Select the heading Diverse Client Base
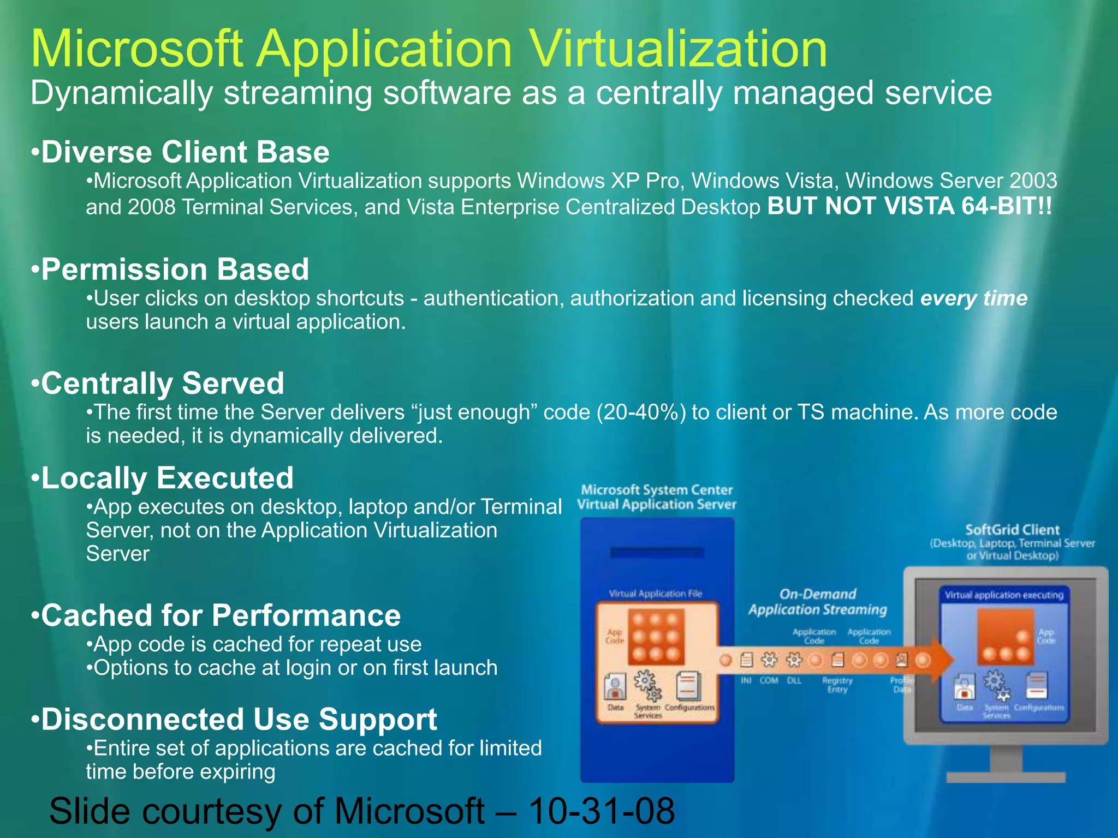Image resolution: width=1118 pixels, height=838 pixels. point(185,152)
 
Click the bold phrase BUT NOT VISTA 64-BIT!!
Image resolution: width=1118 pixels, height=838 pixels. point(909,206)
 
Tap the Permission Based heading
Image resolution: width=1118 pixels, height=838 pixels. point(175,269)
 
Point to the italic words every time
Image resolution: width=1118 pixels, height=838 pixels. point(974,298)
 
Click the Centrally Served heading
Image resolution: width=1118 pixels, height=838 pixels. point(163,383)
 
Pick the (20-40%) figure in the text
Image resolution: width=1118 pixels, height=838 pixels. point(641,412)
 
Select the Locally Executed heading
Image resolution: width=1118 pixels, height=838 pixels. point(167,478)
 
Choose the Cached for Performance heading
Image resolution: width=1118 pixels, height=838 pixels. point(221,615)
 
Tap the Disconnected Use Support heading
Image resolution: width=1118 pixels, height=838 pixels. point(239,719)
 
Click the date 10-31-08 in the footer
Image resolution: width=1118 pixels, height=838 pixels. point(602,811)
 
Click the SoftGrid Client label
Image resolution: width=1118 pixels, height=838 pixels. point(1012,530)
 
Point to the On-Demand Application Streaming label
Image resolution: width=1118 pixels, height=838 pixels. point(817,602)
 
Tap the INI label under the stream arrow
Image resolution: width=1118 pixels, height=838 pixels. point(746,680)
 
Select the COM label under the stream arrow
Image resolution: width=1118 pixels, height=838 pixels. point(769,680)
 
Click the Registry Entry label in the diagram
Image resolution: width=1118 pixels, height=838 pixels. point(837,685)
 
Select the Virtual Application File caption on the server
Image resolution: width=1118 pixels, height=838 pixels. point(655,594)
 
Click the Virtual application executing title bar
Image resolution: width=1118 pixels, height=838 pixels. point(1003,595)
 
